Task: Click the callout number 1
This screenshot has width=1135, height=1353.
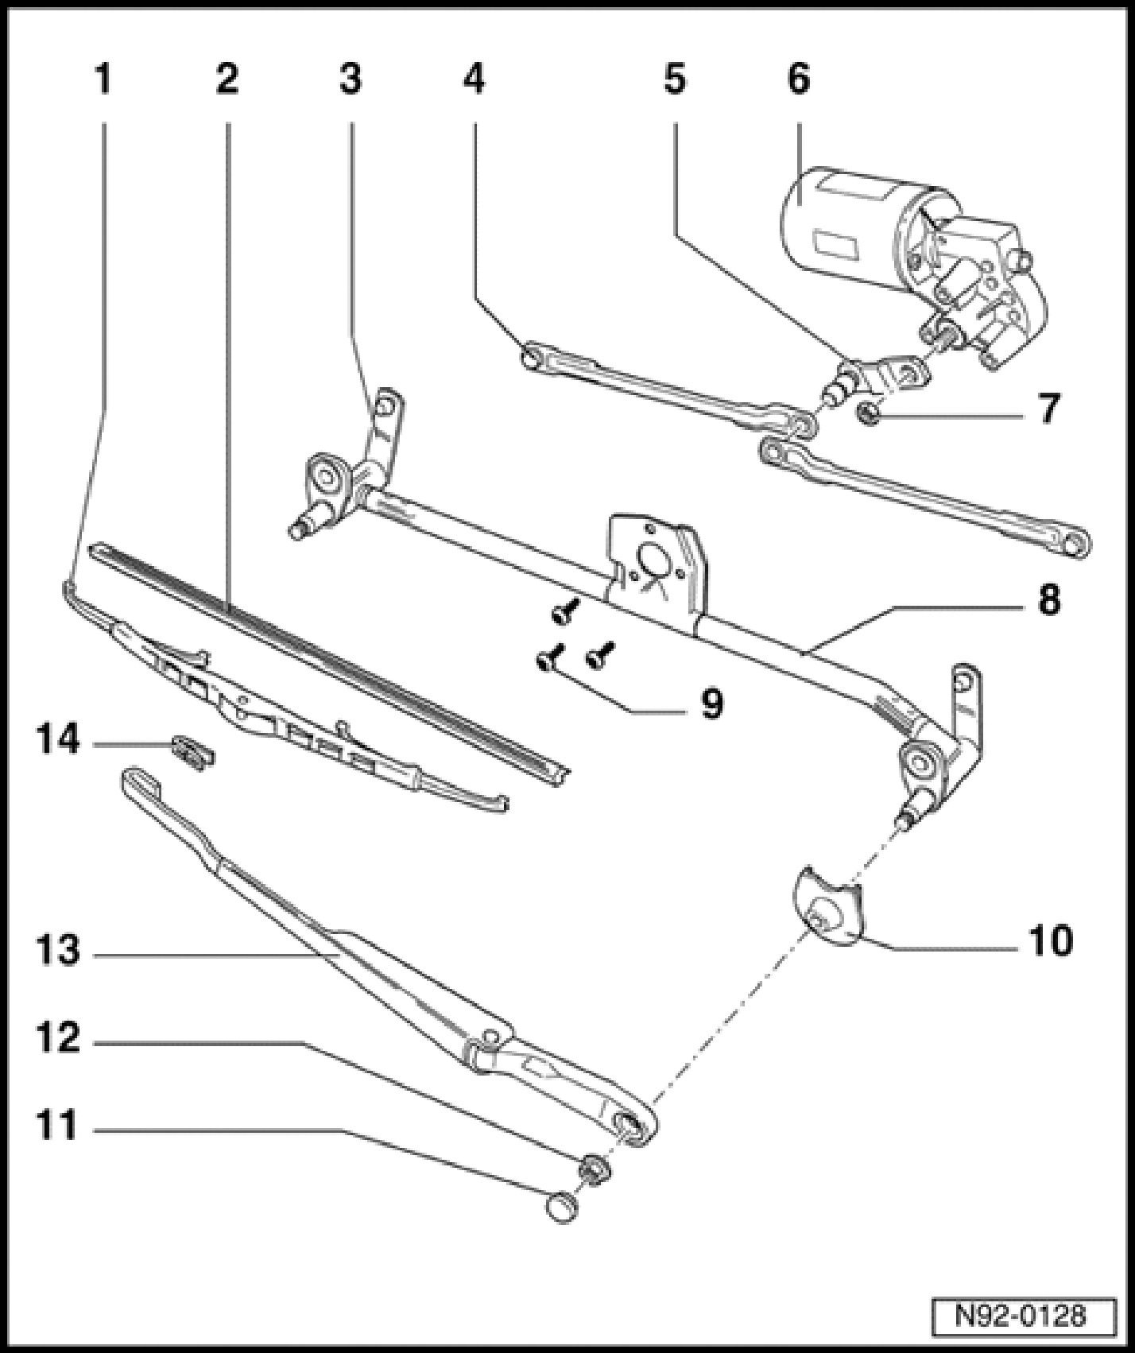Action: click(x=103, y=79)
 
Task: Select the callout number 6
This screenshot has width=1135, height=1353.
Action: click(x=798, y=79)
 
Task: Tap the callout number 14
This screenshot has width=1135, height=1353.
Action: click(x=58, y=742)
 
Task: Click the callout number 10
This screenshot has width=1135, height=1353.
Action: click(x=1050, y=940)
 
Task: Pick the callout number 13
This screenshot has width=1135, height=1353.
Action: click(x=58, y=950)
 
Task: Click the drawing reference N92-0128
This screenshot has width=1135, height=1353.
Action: click(x=1021, y=1315)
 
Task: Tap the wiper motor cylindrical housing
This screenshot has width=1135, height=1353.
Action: click(x=843, y=215)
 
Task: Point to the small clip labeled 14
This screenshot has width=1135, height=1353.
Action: click(x=192, y=750)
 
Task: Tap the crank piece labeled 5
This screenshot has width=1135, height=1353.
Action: click(x=874, y=378)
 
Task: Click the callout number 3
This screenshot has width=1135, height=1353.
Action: click(x=350, y=79)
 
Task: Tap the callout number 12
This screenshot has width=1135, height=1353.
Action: click(x=58, y=1037)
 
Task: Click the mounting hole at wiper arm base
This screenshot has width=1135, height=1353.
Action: click(x=628, y=1122)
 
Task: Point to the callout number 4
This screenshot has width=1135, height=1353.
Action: click(x=474, y=79)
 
